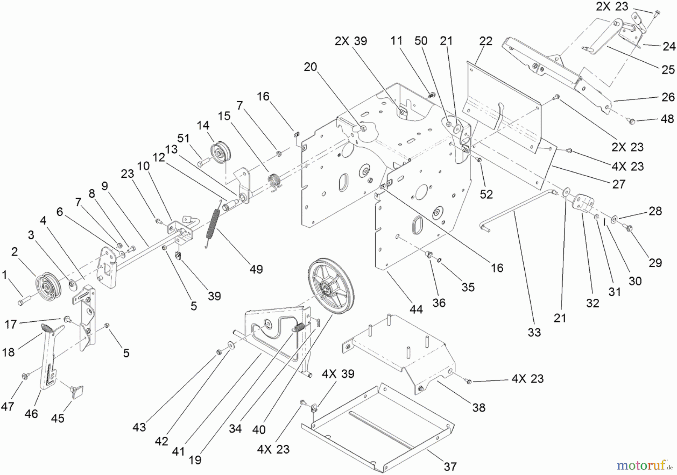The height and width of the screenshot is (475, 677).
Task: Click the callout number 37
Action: [x=450, y=467]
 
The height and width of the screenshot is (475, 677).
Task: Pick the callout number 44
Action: [x=416, y=309]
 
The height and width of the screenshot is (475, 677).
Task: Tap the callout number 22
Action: [x=486, y=41]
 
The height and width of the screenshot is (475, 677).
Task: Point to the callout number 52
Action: [x=486, y=194]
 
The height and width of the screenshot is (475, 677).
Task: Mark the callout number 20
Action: [x=310, y=67]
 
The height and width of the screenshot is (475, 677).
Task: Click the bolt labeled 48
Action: [x=631, y=121]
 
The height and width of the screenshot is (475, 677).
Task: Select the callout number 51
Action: [x=183, y=138]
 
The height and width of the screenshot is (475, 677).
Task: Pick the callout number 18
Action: [x=8, y=352]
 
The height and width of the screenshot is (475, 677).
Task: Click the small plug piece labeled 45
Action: [x=77, y=392]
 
